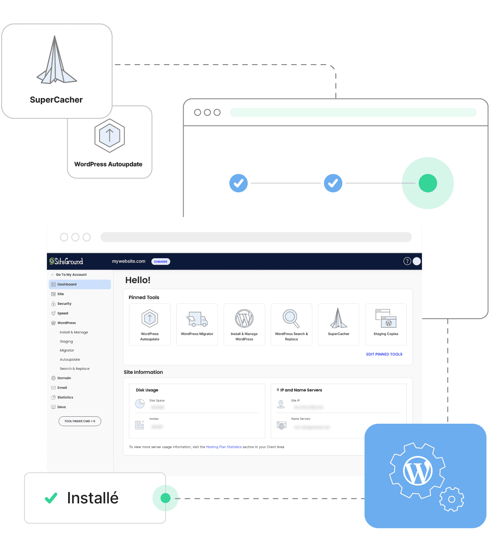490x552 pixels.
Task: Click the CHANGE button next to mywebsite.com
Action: [161, 261]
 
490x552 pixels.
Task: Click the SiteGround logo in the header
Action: [66, 261]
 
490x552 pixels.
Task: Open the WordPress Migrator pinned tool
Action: [197, 324]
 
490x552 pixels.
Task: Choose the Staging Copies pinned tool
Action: [386, 324]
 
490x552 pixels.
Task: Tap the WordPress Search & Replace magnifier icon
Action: [291, 318]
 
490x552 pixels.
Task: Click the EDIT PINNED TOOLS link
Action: [384, 354]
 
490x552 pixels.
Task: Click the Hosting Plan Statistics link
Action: [224, 447]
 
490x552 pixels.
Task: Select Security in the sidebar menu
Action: [64, 304]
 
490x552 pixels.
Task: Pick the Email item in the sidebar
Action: [62, 388]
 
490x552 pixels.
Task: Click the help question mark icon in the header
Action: [407, 261]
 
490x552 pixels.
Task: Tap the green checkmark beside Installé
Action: [51, 498]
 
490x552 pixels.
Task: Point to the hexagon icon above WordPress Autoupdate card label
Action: [109, 136]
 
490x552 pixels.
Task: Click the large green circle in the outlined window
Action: [428, 183]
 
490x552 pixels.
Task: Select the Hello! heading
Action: [138, 280]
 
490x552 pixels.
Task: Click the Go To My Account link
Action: [71, 275]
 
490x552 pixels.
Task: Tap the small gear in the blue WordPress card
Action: [451, 499]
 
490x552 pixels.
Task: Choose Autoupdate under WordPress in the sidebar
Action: [70, 360]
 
